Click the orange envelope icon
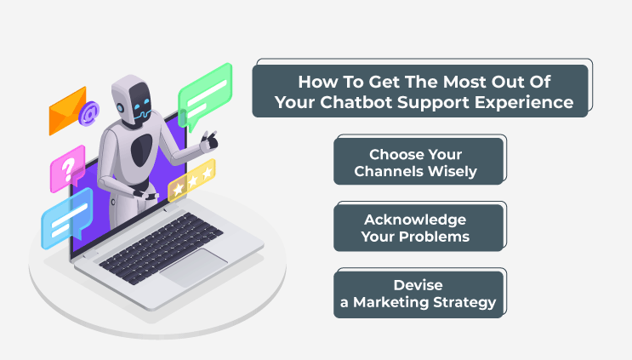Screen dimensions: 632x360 [x=67, y=111]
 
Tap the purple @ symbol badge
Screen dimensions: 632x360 [x=89, y=113]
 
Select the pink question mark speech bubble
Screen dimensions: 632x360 [x=68, y=169]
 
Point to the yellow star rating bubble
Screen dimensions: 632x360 [x=191, y=180]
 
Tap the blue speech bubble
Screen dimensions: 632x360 [x=67, y=218]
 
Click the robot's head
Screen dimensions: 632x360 [x=132, y=100]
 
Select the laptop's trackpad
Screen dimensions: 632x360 [x=194, y=267]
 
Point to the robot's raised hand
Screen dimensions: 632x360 [x=209, y=141]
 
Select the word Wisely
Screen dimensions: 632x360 [x=453, y=171]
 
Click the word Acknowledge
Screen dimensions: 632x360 [x=415, y=220]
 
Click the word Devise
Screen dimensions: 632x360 [x=418, y=285]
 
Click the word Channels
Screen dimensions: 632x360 [x=389, y=171]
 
